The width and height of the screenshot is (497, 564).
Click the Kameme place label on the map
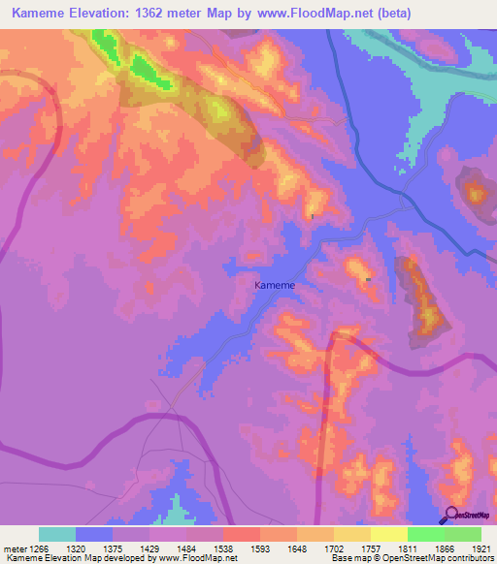(274, 286)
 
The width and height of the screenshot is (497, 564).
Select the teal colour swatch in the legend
(57, 534)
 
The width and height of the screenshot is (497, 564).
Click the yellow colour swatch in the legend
(388, 534)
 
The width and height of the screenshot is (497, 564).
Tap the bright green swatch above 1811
(425, 534)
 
